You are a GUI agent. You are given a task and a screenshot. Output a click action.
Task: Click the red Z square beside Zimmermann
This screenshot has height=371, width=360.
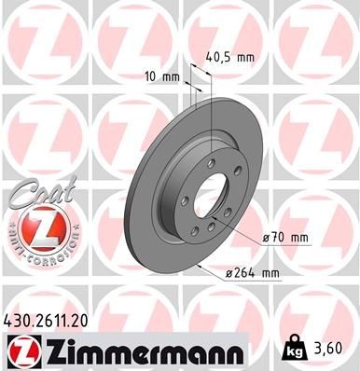tap(24, 351)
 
